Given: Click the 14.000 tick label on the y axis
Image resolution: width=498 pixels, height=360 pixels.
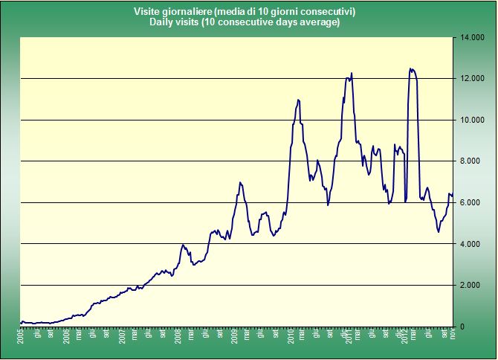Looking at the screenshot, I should pyautogui.click(x=473, y=37).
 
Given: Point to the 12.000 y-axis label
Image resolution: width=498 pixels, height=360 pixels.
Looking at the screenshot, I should pyautogui.click(x=473, y=79).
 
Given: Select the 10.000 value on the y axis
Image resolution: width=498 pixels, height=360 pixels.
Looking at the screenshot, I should pyautogui.click(x=473, y=120).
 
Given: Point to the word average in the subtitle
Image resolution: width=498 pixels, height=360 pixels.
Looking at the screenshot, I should pyautogui.click(x=320, y=22).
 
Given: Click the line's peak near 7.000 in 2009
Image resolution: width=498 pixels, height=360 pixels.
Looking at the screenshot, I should pyautogui.click(x=240, y=182).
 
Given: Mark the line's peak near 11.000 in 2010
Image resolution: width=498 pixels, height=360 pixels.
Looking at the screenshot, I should pyautogui.click(x=298, y=100).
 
